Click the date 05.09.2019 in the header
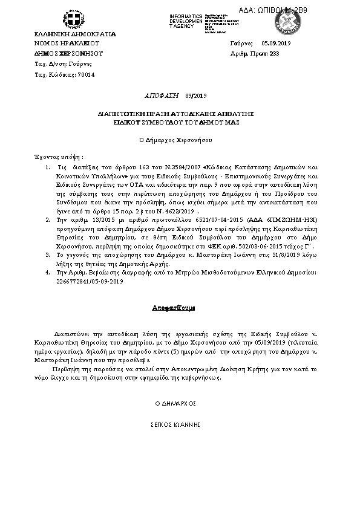pyautogui.click(x=277, y=44)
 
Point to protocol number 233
pyautogui.click(x=274, y=54)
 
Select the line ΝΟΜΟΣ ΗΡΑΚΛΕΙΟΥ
pyautogui.click(x=67, y=44)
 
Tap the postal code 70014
pyautogui.click(x=87, y=74)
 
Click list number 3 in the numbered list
pyautogui.click(x=48, y=256)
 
